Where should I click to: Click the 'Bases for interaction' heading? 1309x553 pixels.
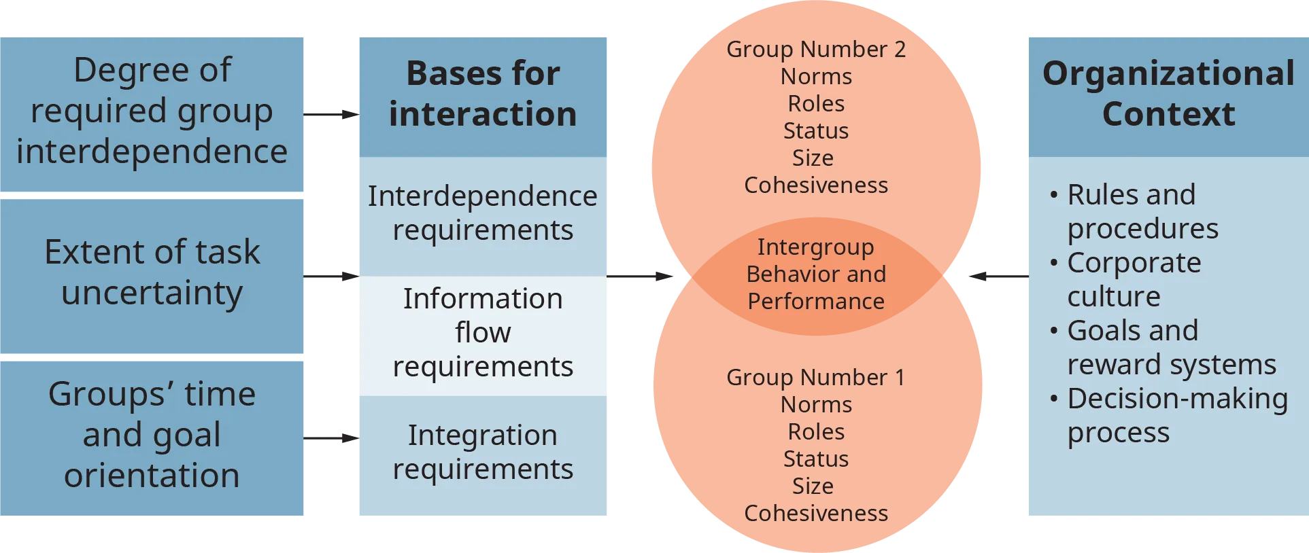tap(483, 94)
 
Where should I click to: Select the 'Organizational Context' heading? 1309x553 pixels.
tap(1168, 94)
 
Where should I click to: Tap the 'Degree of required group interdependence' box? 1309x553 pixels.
tap(152, 111)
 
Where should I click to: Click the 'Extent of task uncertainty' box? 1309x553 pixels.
tap(152, 272)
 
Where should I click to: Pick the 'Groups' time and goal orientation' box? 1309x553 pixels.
tap(152, 435)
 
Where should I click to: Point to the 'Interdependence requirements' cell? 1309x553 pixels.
tap(483, 213)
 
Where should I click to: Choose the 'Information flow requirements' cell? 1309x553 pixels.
tap(483, 333)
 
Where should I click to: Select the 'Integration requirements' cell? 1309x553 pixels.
tap(483, 452)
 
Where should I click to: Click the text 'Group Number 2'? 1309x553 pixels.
tap(816, 50)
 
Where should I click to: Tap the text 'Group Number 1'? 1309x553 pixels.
tap(816, 378)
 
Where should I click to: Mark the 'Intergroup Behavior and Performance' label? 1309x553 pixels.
tap(816, 274)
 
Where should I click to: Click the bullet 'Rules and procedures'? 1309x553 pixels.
tap(1142, 212)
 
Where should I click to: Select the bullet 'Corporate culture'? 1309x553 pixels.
tap(1134, 280)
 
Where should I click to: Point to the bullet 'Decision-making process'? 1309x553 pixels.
tap(1176, 416)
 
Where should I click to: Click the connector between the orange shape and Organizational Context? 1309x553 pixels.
tap(998, 277)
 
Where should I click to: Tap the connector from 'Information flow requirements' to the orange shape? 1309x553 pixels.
tap(641, 277)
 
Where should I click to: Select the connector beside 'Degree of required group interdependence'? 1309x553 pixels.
tap(331, 114)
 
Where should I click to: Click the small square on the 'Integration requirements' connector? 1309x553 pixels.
tap(345, 438)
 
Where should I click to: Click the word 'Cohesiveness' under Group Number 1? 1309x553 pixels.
tap(816, 514)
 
